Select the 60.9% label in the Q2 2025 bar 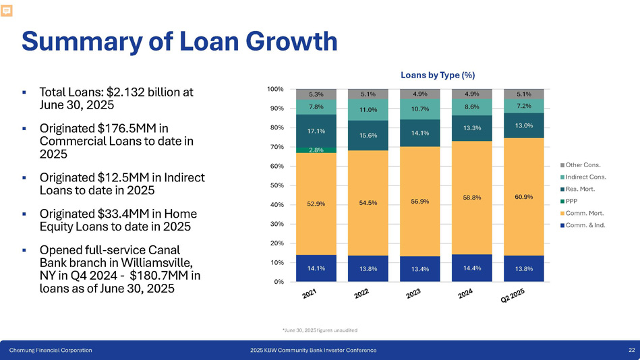click(x=523, y=197)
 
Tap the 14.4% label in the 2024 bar click(x=471, y=268)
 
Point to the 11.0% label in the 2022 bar click(x=367, y=109)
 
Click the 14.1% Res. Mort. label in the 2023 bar click(x=419, y=132)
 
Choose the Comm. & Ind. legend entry click(x=585, y=225)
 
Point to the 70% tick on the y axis click(x=275, y=146)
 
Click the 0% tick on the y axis click(x=277, y=282)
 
